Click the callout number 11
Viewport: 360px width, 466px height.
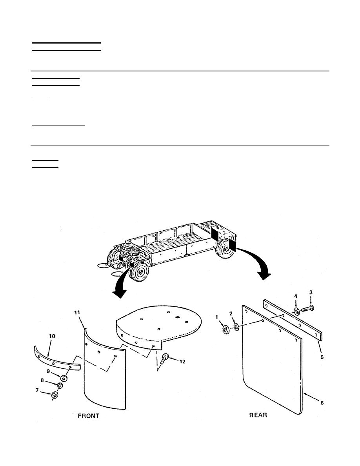[x=77, y=312]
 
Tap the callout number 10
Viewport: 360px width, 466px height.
[x=52, y=336]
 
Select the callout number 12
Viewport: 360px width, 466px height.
[x=182, y=361]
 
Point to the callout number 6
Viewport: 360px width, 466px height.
[x=322, y=403]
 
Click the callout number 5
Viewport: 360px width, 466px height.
[x=322, y=357]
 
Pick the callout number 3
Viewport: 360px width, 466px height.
[x=311, y=293]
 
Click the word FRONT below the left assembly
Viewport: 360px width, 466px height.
[x=89, y=416]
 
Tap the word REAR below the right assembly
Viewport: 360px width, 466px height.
[x=258, y=415]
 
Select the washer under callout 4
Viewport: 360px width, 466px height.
[x=296, y=311]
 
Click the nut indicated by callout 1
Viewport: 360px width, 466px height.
[x=225, y=329]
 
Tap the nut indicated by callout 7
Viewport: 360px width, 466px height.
[x=55, y=395]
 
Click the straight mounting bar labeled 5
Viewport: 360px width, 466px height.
[x=293, y=319]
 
